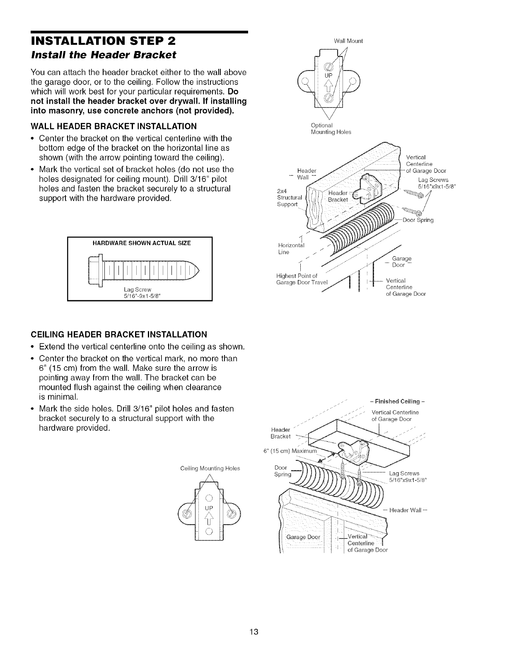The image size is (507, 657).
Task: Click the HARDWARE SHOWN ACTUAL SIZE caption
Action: click(x=139, y=243)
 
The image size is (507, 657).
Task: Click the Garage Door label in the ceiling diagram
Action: click(x=304, y=537)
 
